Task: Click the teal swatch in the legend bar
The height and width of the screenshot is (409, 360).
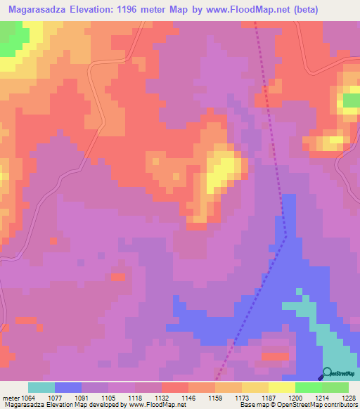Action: pyautogui.click(x=41, y=387)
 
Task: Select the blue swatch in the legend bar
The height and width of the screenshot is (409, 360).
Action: pyautogui.click(x=67, y=387)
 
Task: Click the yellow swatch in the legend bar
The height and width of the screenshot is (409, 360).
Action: pyautogui.click(x=281, y=387)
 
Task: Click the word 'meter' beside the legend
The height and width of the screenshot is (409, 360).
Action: pyautogui.click(x=11, y=398)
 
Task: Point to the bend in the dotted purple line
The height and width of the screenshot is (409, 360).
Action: pyautogui.click(x=285, y=236)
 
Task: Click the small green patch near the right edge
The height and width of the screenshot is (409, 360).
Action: pyautogui.click(x=350, y=101)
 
